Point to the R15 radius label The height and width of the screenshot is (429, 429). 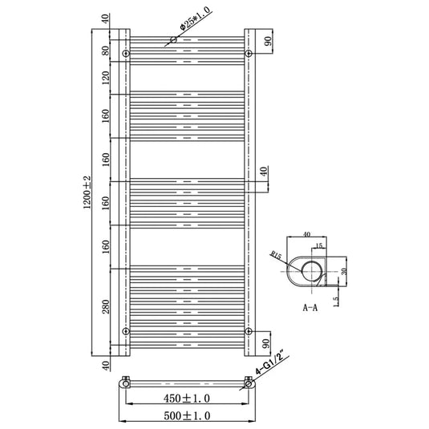pos(277,257)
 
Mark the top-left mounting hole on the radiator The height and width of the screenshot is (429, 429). pos(125,54)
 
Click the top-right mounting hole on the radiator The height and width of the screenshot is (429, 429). pos(249,54)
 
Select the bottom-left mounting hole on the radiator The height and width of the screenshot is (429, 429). pos(125,330)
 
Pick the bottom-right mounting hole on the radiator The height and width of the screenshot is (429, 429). pos(249,330)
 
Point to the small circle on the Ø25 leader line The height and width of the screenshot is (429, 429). pos(173,38)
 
